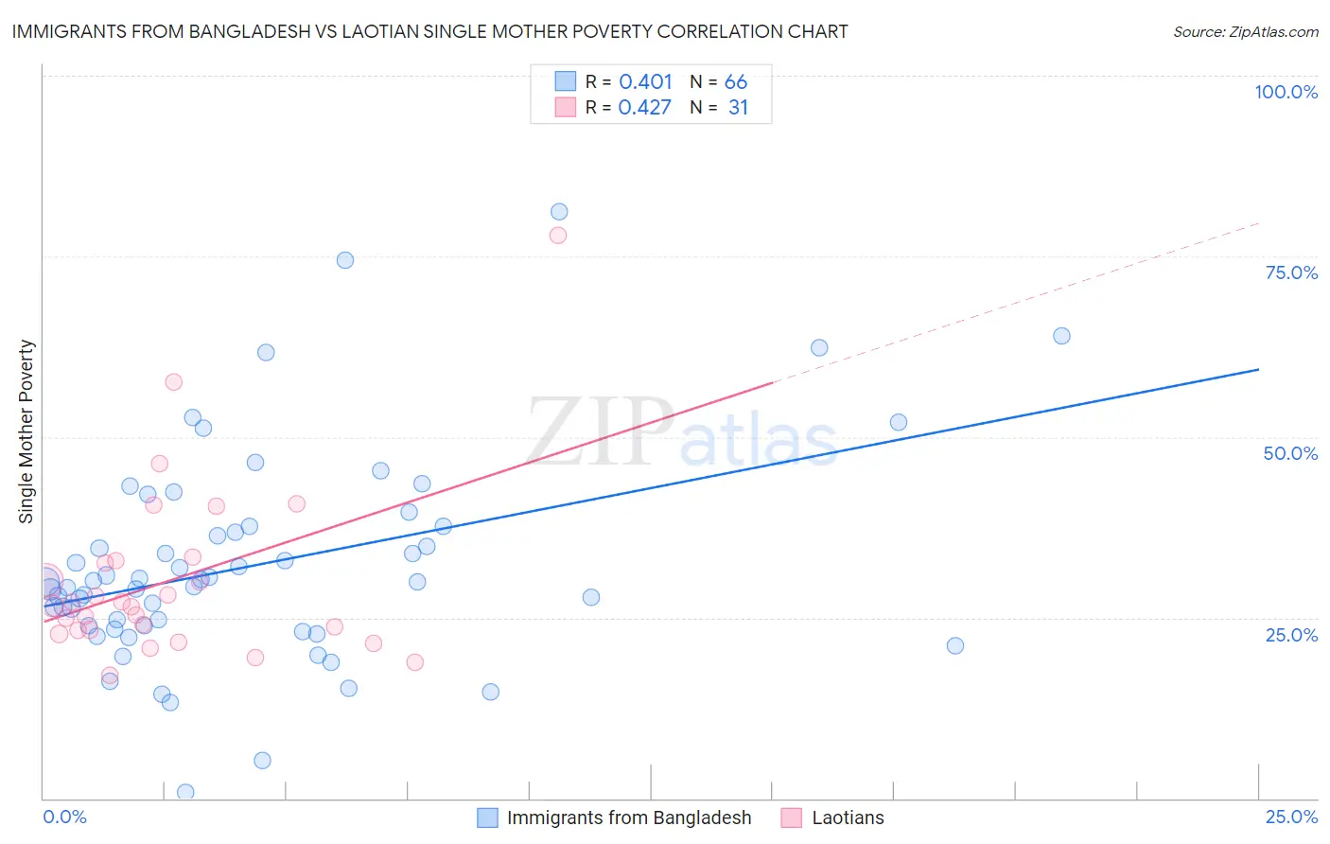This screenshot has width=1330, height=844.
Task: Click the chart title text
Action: coord(429,31)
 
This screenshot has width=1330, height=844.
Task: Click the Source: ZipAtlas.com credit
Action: coord(1245,31)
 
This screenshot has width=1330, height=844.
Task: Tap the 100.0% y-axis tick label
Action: coord(1286,92)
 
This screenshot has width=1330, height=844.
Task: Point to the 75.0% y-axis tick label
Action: coord(1291,273)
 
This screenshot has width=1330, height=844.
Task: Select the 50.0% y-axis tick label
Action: coord(1290,453)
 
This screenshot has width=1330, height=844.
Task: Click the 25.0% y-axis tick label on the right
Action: coord(1291,635)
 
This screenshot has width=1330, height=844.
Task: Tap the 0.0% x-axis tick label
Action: coord(64,817)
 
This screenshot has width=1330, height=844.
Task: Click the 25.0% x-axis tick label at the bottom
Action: coord(1291,817)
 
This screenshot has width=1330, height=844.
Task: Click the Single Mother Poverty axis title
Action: coord(26,431)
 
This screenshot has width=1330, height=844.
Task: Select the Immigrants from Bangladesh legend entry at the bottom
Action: coord(628,818)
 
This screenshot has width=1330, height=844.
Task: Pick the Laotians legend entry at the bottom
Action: coord(848,818)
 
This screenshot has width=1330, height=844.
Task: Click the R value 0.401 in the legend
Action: coord(645,82)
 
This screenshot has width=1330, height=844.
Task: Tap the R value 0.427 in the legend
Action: coord(644,108)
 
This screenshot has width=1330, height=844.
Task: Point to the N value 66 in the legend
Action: coord(736,82)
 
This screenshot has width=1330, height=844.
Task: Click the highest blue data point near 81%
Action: coord(559,212)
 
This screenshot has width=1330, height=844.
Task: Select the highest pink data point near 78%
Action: coord(558,236)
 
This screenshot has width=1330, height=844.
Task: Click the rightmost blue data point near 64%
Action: coord(1061,336)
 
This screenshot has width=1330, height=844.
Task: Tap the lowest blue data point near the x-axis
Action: coord(185,792)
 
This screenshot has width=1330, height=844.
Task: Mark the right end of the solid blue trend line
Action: coord(1258,369)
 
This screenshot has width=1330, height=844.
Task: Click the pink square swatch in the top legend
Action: coord(566,107)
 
